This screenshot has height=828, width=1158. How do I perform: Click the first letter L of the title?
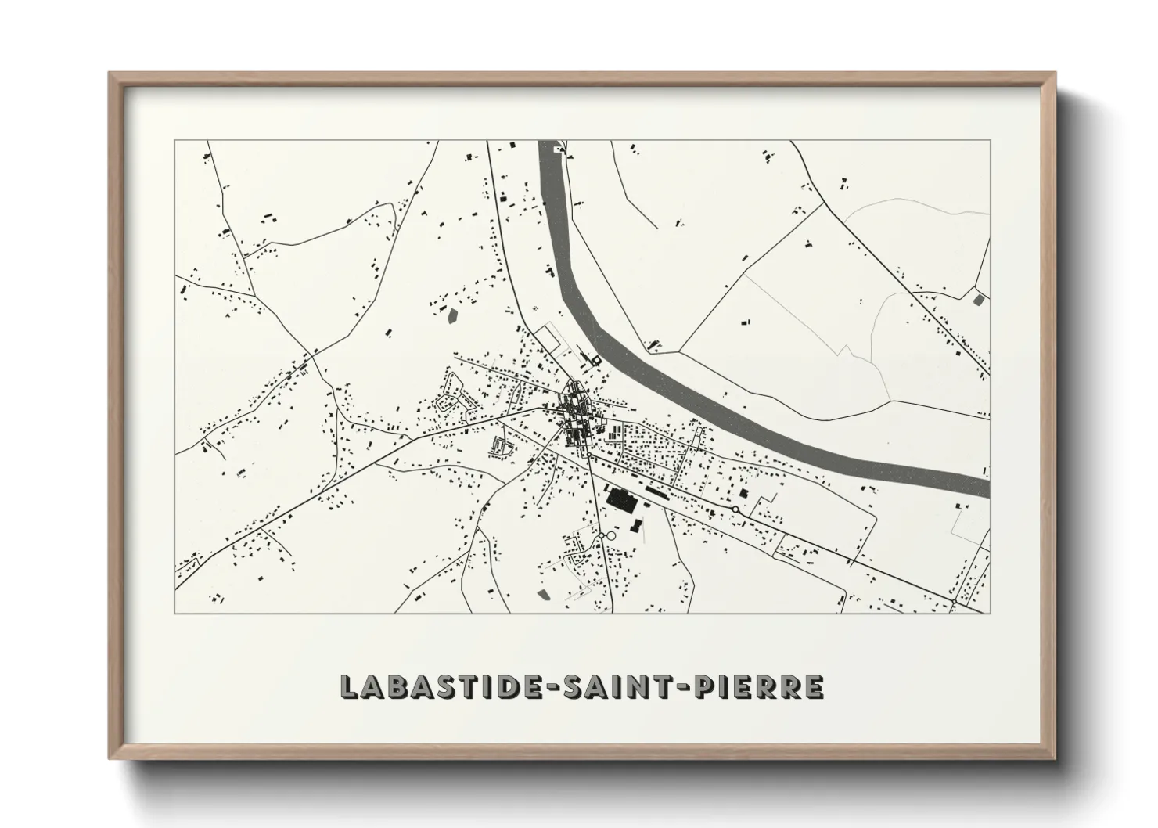click(x=349, y=686)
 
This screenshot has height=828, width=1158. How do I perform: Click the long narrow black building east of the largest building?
click(x=663, y=491)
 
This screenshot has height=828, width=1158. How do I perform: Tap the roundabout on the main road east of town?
click(x=735, y=510)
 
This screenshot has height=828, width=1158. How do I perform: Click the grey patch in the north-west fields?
click(x=451, y=316)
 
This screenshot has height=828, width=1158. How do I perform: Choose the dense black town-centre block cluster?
click(x=577, y=412)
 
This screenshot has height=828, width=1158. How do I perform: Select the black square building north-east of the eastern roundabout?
click(x=744, y=494)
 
